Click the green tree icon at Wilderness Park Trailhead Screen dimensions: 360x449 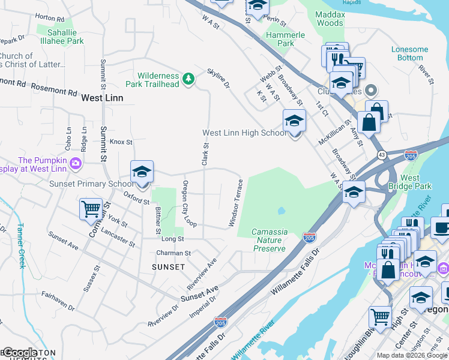pos(188,79)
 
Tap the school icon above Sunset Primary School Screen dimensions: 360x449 pos(142,172)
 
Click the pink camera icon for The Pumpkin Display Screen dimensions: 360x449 pos(76,163)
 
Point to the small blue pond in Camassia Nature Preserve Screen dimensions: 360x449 pos(281,211)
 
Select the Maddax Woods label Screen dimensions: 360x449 pos(330,19)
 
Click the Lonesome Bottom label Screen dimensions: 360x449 pos(409,53)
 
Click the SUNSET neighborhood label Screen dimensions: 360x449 pos(168,266)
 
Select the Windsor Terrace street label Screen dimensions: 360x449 pos(235,203)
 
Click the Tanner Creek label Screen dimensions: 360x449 pos(21,245)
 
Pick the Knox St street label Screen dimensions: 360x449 pos(121,142)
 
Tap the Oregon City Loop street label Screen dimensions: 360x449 pos(190,204)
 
